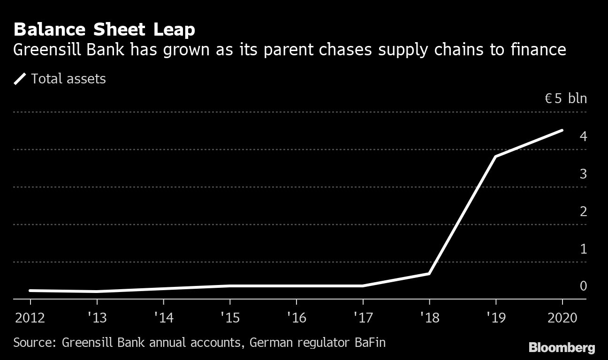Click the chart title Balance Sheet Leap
point(104,30)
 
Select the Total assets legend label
point(68,79)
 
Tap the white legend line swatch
point(20,79)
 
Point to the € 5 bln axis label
point(565,99)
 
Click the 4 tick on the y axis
point(583,136)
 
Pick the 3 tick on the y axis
point(583,174)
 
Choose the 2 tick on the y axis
point(583,211)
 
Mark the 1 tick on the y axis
point(583,249)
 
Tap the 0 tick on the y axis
point(583,286)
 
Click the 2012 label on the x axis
point(30,318)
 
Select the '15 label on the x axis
point(230,318)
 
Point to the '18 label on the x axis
point(430,318)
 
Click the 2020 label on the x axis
point(562,318)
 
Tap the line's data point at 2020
point(562,130)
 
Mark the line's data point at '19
point(496,156)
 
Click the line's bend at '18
point(429,273)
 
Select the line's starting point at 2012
point(30,291)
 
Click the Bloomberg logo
point(562,348)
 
